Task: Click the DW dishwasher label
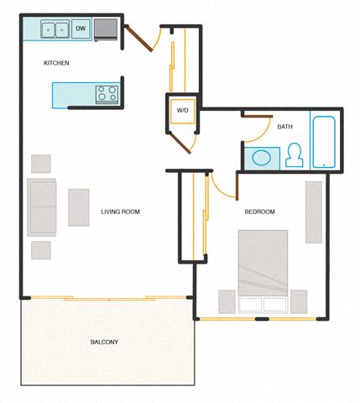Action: click(81, 29)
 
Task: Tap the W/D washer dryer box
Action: click(182, 110)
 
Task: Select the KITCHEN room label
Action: click(56, 64)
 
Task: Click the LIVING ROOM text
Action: click(120, 212)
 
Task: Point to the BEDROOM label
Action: click(259, 212)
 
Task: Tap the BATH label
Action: click(284, 127)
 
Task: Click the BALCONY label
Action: click(105, 342)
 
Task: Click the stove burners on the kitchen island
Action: click(107, 93)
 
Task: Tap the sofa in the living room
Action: click(42, 207)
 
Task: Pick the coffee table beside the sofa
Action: click(78, 207)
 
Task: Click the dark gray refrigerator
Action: click(107, 29)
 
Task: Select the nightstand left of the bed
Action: click(227, 301)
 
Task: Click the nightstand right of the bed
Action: click(299, 301)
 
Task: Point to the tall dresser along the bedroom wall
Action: click(314, 211)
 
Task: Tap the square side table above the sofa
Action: click(40, 163)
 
